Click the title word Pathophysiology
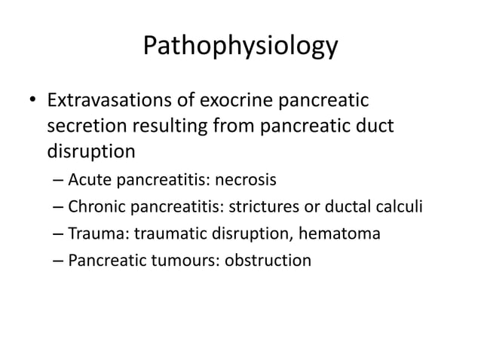coord(240,47)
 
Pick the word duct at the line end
coord(375,126)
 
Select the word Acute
coord(88,181)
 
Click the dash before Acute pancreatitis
coord(59,182)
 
